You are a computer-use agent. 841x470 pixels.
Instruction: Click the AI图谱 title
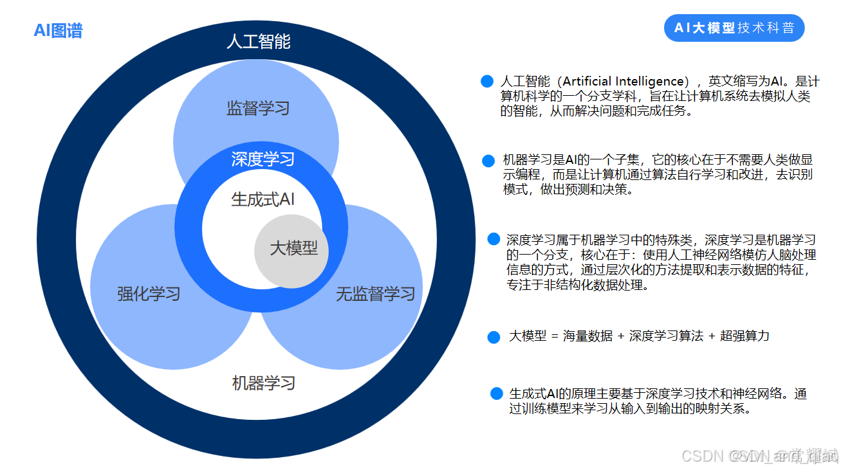tap(58, 30)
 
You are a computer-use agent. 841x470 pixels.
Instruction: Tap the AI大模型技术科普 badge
tap(734, 28)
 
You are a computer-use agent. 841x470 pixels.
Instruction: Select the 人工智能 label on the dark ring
tap(259, 42)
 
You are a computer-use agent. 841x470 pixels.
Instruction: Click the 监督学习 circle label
tap(258, 107)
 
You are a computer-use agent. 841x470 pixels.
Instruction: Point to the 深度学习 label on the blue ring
tap(263, 159)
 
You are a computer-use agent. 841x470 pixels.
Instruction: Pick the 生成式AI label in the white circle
tap(263, 199)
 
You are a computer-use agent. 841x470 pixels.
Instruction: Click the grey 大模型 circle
tap(293, 249)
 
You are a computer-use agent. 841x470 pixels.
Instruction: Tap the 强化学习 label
tap(149, 294)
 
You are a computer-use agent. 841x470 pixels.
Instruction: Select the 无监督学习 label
tap(375, 294)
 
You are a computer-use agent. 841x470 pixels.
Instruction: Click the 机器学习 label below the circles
tap(263, 383)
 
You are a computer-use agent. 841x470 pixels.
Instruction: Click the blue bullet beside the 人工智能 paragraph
tap(487, 82)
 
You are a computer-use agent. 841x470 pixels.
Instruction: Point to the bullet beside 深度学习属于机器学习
tap(494, 239)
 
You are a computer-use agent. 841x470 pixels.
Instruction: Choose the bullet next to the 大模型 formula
tap(494, 337)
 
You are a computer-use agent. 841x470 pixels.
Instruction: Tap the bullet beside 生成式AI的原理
tap(496, 393)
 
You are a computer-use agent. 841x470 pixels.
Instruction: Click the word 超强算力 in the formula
tap(744, 336)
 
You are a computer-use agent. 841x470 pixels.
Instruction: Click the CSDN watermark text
tap(703, 456)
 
